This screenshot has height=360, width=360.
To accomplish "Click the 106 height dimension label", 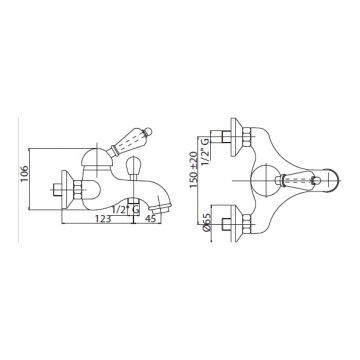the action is point(24,173).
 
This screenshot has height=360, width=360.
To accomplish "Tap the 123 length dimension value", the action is point(103,219).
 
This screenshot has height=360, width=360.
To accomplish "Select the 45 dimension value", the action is point(151,219).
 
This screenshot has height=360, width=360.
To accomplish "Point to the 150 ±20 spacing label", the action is point(194,170).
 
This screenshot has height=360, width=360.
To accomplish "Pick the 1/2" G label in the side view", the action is point(126,210).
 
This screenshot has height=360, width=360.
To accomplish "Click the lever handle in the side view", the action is point(129,141).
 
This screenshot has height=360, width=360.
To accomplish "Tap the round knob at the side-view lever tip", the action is point(149,131).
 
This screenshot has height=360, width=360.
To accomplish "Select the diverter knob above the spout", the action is point(134,166).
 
